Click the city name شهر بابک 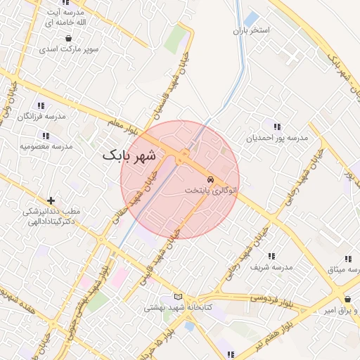point(132,155)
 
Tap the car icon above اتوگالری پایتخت point(211,179)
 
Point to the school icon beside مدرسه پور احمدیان point(277,127)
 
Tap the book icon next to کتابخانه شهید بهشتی point(178,296)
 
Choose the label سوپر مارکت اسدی point(69,49)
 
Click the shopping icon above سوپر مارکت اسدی point(68,38)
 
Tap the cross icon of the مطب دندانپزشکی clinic point(50,200)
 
